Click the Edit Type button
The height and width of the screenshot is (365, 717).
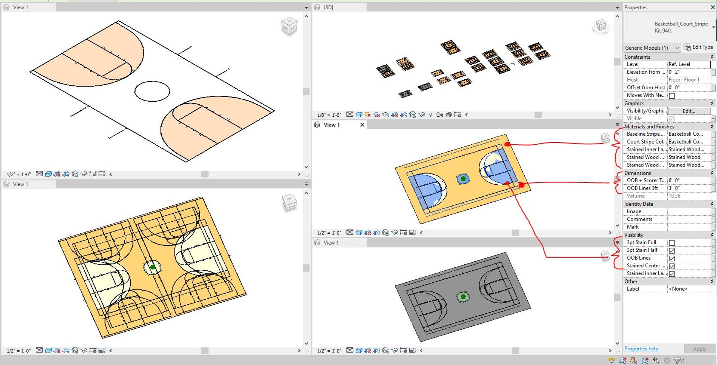click(698, 47)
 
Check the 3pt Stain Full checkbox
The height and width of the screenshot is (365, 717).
click(672, 243)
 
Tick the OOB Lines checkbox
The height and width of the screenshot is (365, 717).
click(672, 258)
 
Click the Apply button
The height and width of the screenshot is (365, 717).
click(699, 349)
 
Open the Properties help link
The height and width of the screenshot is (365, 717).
click(641, 349)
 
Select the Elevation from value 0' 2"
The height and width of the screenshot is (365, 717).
click(689, 72)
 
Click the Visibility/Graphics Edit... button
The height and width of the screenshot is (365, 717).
click(689, 111)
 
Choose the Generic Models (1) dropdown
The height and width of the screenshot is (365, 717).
click(652, 48)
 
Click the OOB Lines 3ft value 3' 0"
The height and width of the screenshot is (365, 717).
click(689, 188)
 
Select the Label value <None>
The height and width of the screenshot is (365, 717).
click(689, 289)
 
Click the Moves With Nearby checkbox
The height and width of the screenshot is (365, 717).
click(672, 96)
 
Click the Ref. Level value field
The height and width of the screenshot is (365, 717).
click(689, 64)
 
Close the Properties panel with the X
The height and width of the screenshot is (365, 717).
click(712, 7)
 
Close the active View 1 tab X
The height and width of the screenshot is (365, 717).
click(362, 125)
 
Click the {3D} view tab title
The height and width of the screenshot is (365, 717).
click(328, 7)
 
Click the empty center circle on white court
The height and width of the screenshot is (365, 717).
click(152, 91)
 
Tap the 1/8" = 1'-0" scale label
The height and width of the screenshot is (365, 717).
click(329, 115)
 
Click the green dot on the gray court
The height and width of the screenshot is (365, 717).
click(463, 297)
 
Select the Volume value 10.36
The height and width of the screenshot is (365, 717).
click(689, 196)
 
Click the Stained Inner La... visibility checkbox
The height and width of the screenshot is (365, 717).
click(672, 274)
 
